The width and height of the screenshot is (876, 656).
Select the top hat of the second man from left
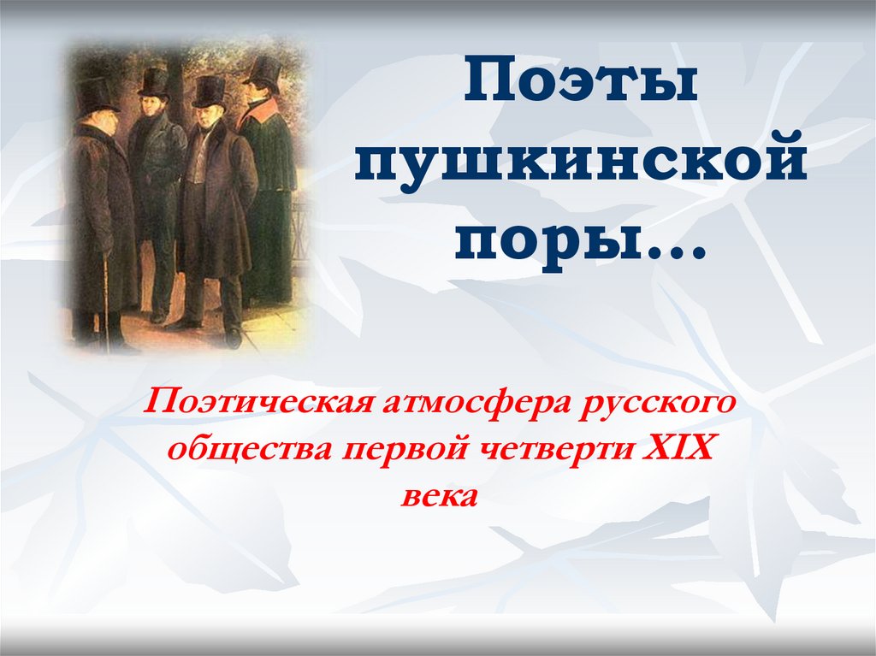click(153, 82)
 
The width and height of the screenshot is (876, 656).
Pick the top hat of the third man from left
click(209, 90)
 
